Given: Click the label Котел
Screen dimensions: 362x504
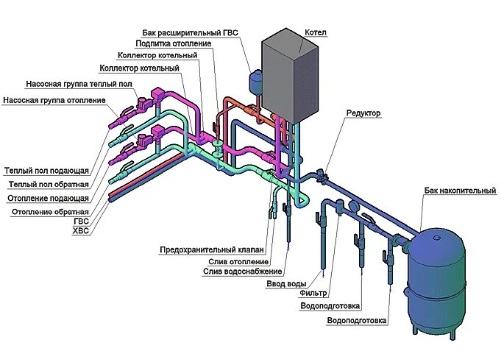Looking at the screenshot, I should [x=315, y=32].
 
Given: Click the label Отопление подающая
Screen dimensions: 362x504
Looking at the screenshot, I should [x=49, y=198].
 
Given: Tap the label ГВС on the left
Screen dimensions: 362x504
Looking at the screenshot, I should [x=81, y=221].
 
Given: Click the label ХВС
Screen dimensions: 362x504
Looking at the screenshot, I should [x=81, y=230].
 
